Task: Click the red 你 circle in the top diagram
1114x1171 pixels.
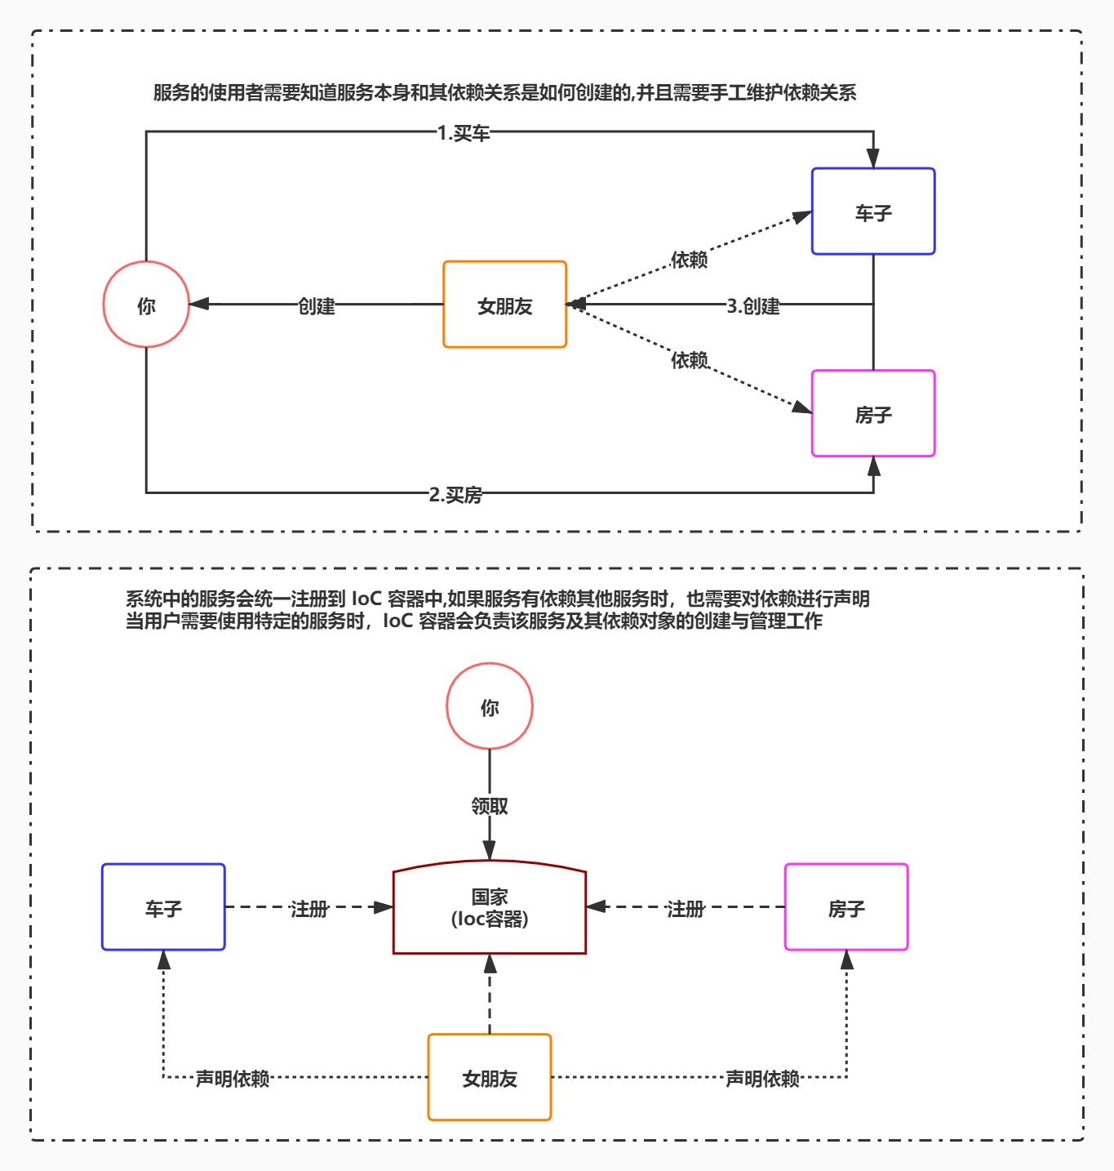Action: (x=146, y=305)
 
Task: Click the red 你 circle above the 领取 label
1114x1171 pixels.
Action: (x=490, y=706)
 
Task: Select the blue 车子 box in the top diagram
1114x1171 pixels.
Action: (x=873, y=211)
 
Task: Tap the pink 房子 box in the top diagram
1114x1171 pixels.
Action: (x=873, y=413)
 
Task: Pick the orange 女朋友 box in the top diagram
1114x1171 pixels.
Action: (x=504, y=305)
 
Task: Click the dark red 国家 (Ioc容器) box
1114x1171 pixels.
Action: (x=490, y=907)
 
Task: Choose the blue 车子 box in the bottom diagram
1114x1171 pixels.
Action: (x=163, y=907)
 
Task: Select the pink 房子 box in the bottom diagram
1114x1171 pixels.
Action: (x=846, y=907)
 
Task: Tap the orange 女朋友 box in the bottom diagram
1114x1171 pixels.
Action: (x=490, y=1077)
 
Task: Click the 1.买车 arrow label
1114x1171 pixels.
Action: (x=464, y=133)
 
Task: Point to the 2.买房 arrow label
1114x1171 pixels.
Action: (x=455, y=495)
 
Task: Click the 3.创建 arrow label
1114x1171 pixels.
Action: (x=753, y=306)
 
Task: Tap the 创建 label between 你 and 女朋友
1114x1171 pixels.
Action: (x=317, y=306)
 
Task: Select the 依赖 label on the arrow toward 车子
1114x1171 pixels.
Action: (x=689, y=260)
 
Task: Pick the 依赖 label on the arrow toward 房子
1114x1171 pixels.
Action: (x=689, y=360)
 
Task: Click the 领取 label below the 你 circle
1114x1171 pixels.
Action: (x=490, y=806)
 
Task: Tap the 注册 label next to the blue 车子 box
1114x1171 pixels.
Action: (x=309, y=909)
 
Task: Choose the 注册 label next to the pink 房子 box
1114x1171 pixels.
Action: (x=685, y=909)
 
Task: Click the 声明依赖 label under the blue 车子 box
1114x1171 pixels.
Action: (x=233, y=1079)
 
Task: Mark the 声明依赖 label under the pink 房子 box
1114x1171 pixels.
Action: (x=762, y=1079)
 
